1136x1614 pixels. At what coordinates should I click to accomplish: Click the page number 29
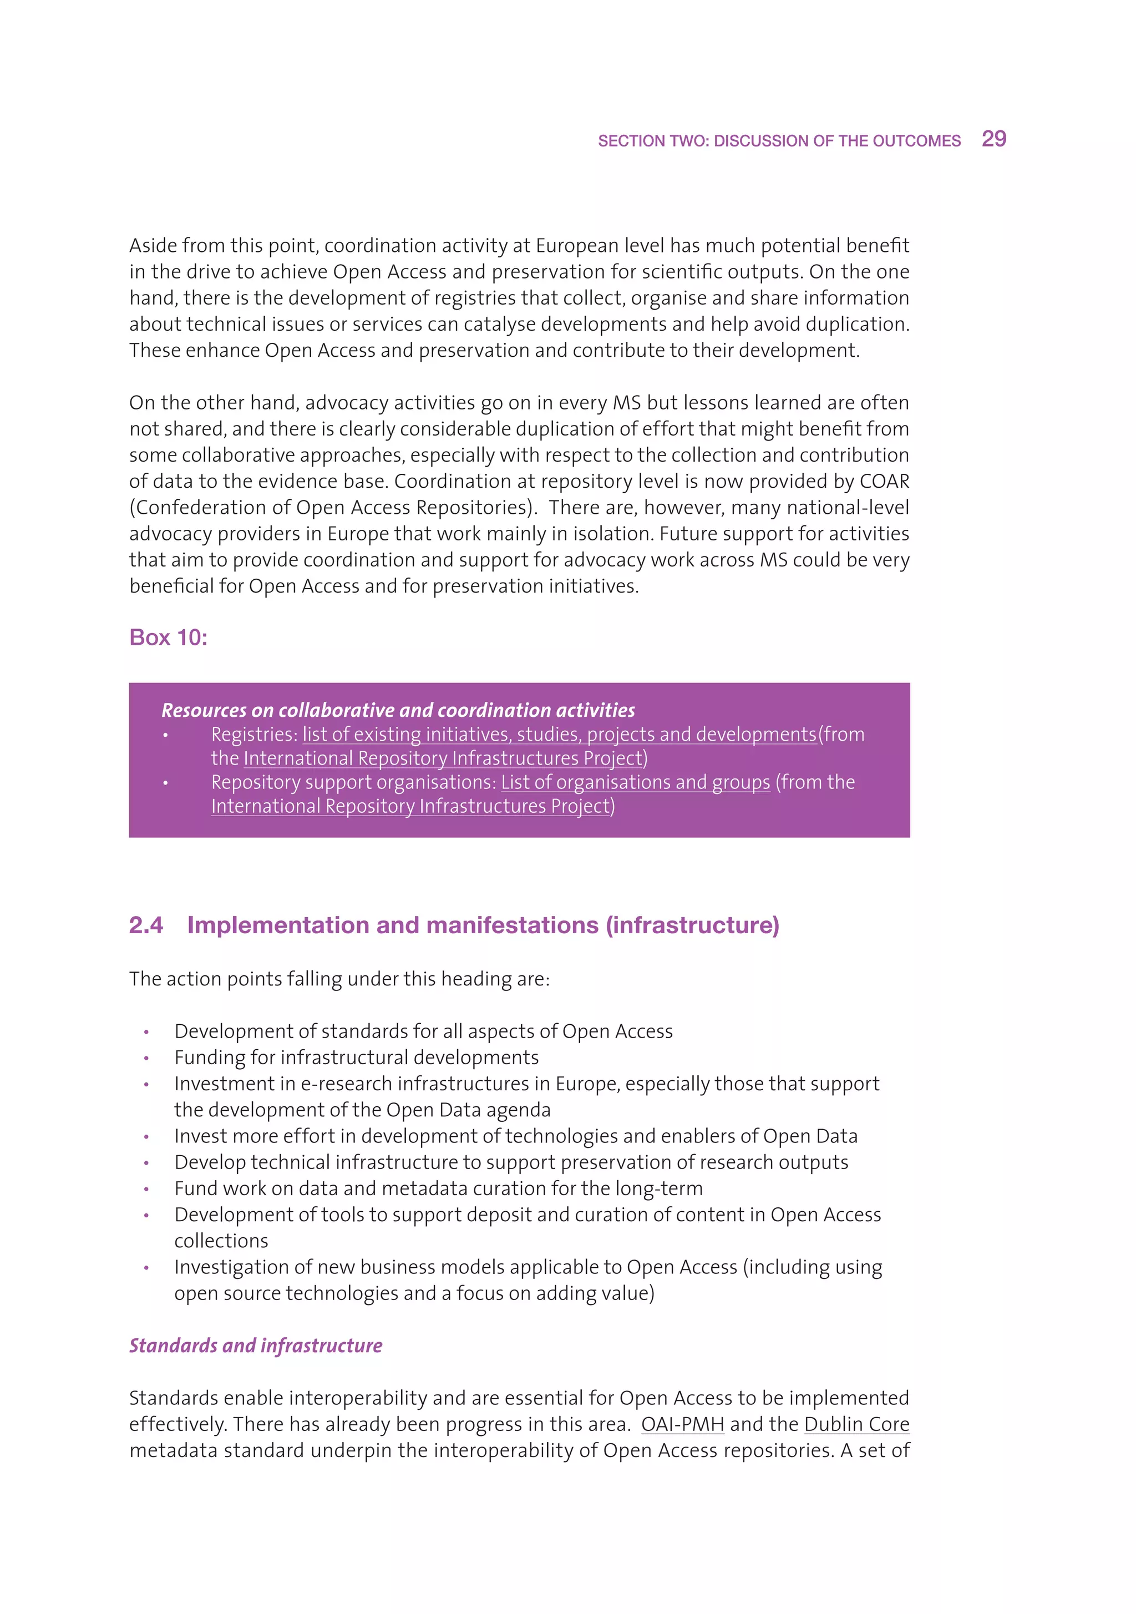coord(993,139)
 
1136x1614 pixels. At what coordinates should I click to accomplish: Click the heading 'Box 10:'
coord(168,637)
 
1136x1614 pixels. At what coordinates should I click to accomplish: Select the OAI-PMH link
coord(682,1424)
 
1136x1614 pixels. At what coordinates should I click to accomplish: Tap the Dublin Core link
coord(856,1424)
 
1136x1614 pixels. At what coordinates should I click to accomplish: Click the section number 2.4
coord(145,925)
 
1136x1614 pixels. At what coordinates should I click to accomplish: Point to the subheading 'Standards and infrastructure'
coord(255,1345)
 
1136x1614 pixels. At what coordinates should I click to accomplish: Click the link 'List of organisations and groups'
coord(636,782)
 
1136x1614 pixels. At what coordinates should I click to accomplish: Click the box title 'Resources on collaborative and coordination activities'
coord(398,710)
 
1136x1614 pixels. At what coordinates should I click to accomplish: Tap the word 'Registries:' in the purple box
coord(255,735)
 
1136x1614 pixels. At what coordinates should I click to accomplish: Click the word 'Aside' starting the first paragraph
coord(153,245)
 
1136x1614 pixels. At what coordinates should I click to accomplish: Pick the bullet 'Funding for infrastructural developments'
coord(357,1058)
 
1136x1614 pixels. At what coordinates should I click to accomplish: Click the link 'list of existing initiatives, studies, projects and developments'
coord(560,735)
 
